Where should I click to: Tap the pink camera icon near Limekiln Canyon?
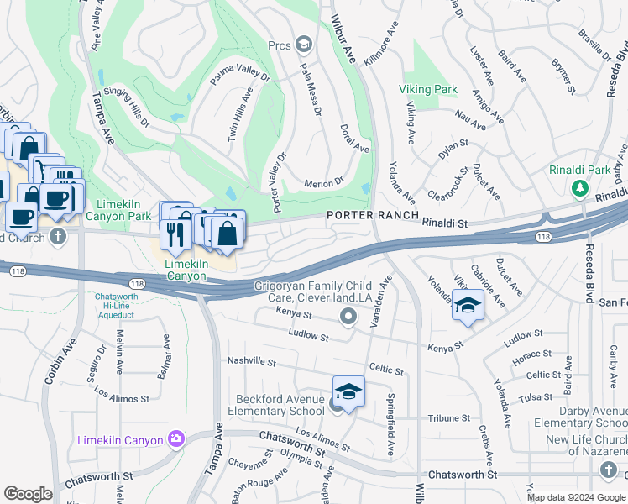point(175,438)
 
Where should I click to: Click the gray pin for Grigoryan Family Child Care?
point(349,317)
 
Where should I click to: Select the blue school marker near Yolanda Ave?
point(468,304)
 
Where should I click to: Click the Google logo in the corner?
point(28,494)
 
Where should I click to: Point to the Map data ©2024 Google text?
point(576,497)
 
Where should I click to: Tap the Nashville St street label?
point(251,361)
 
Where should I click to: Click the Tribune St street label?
point(448,417)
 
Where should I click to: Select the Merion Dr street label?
point(324,181)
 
